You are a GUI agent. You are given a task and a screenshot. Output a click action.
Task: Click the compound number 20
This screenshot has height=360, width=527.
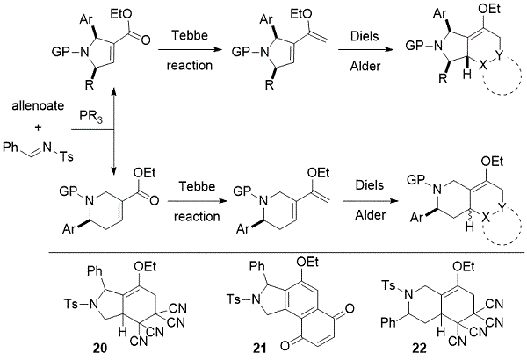click(x=100, y=348)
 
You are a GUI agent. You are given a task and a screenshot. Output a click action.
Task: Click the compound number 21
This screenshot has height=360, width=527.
click(x=259, y=348)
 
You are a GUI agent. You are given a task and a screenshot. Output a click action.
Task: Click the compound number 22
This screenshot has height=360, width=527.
click(x=419, y=348)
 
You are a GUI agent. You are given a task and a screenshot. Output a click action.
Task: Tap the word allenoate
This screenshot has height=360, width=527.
click(x=38, y=106)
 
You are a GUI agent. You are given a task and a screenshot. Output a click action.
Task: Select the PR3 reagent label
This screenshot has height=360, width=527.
click(x=90, y=117)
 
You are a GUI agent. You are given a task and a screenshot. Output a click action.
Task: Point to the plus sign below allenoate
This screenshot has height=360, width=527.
click(x=39, y=127)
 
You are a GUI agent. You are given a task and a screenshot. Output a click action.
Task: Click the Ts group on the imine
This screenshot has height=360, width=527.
click(x=66, y=156)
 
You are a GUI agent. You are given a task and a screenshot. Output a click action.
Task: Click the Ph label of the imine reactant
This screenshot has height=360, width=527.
click(x=11, y=147)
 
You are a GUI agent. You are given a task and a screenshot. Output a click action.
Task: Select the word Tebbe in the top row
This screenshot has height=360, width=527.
click(x=190, y=35)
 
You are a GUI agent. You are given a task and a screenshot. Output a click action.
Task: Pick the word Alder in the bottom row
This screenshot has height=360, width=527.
click(x=370, y=215)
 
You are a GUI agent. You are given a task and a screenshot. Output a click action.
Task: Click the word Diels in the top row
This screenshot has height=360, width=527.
click(x=365, y=36)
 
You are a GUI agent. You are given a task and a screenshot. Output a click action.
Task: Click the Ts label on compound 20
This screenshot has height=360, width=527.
click(x=70, y=304)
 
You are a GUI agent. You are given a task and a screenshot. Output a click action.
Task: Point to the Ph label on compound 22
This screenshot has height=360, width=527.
click(x=388, y=323)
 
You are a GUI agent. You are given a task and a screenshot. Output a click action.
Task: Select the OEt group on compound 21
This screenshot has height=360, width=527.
click(x=308, y=262)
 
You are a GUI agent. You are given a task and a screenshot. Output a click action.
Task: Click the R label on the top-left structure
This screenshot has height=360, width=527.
click(x=89, y=85)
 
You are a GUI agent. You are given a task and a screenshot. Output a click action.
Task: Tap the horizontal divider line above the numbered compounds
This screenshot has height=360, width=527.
click(x=287, y=252)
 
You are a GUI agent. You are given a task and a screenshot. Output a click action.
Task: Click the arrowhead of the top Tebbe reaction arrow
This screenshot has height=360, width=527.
click(x=219, y=50)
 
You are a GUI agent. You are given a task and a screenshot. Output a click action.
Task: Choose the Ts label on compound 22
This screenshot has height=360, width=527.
click(x=389, y=286)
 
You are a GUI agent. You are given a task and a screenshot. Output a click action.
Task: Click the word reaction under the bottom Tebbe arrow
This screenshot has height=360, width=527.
click(x=197, y=217)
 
